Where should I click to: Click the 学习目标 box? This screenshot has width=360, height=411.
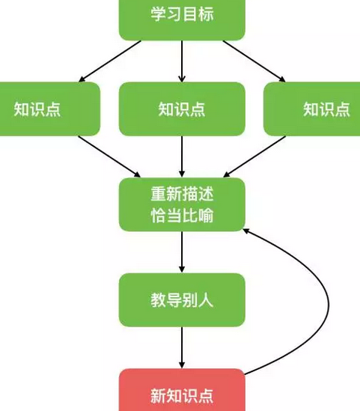pyautogui.click(x=182, y=16)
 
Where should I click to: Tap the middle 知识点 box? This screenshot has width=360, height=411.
pyautogui.click(x=182, y=109)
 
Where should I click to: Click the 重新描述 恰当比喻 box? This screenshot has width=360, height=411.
pyautogui.click(x=182, y=205)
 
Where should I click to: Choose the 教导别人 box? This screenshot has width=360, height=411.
pyautogui.click(x=182, y=300)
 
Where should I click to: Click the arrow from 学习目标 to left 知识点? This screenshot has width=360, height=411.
pyautogui.click(x=111, y=60)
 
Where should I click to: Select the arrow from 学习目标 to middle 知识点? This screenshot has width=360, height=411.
pyautogui.click(x=182, y=60)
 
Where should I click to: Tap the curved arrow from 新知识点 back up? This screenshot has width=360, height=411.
pyautogui.click(x=327, y=299)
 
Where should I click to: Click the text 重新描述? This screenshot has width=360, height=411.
pyautogui.click(x=182, y=194)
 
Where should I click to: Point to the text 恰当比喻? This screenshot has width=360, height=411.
pyautogui.click(x=182, y=216)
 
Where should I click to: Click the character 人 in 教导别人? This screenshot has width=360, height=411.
pyautogui.click(x=207, y=300)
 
